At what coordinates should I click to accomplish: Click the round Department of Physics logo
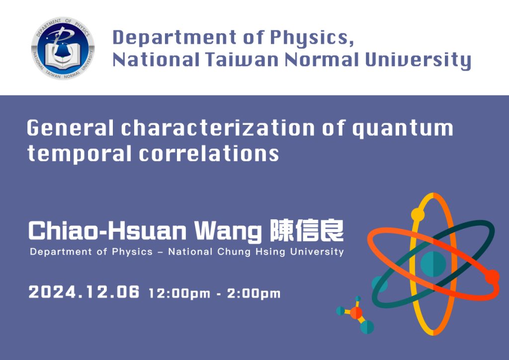point(63,48)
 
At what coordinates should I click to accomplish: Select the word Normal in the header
point(322,60)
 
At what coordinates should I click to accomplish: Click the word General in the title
point(70,128)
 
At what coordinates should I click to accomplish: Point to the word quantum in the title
point(403,129)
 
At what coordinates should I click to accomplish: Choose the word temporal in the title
point(80,154)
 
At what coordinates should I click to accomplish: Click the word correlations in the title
point(209,153)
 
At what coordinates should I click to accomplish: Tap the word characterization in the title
point(218,128)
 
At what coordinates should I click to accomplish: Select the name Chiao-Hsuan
point(107,231)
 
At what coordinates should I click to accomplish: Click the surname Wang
point(228,232)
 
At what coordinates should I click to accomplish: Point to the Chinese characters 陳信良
point(307,231)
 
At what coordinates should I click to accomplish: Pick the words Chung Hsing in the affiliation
point(251,252)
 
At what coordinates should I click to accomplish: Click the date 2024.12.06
point(84,292)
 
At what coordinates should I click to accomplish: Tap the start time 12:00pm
point(179,293)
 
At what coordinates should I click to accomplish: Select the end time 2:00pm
point(254,293)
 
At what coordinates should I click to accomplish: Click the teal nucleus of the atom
point(433,264)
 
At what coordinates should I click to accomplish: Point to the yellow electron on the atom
point(418,215)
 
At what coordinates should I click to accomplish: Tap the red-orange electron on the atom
point(492,277)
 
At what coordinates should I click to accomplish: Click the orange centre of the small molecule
point(356,313)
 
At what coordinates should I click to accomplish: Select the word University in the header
point(418,61)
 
